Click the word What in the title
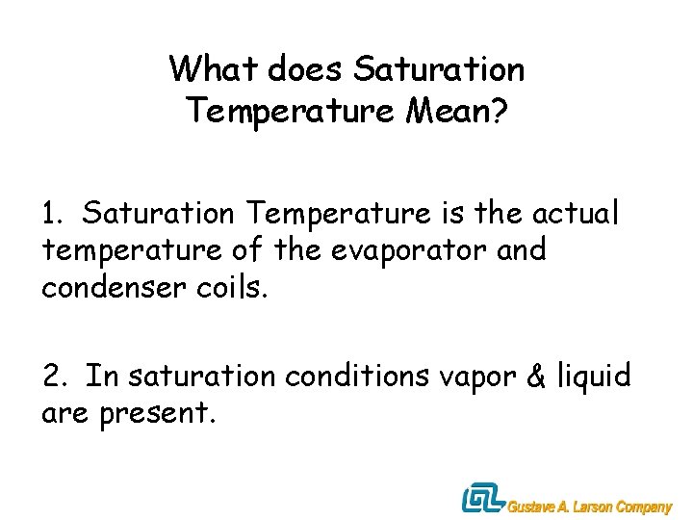[x=214, y=69]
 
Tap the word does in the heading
[x=306, y=69]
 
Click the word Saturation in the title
[x=440, y=69]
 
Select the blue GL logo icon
[x=481, y=499]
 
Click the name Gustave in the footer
[x=532, y=507]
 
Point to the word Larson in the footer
[x=591, y=507]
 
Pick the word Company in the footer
[x=644, y=507]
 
